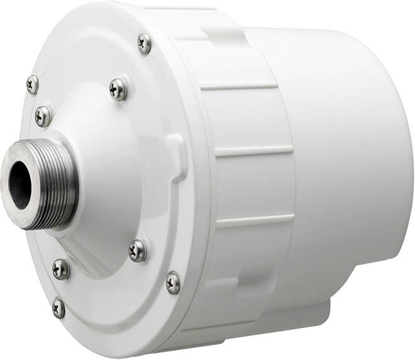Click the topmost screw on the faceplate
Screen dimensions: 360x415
144,43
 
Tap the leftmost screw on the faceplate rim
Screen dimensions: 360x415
32,84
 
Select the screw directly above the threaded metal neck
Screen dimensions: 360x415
43,115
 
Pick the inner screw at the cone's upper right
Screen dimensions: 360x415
118,89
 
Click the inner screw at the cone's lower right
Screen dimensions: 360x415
137,250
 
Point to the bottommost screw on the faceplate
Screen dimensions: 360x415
58,308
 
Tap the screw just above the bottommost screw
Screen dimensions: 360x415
60,269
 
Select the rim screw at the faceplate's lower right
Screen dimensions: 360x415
173,282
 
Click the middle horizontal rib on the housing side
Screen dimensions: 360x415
252,152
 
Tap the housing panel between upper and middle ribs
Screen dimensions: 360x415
246,120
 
